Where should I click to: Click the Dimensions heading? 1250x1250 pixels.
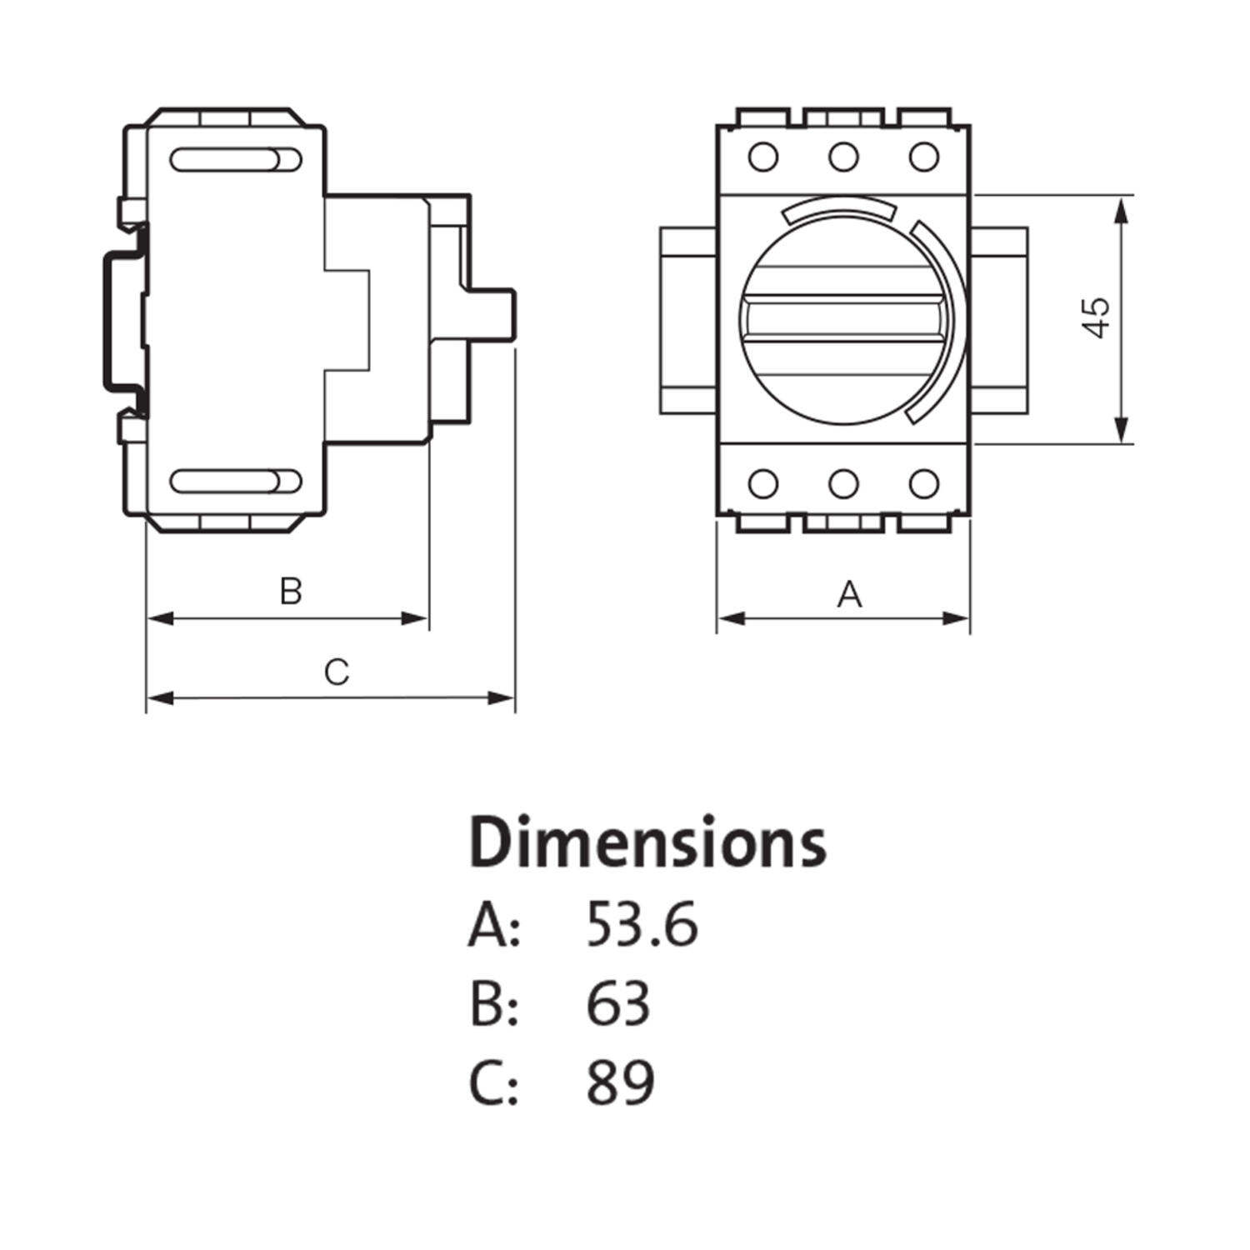pyautogui.click(x=647, y=842)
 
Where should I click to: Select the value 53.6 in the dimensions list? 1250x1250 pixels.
pyautogui.click(x=642, y=925)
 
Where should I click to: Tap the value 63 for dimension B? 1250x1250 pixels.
pyautogui.click(x=617, y=1003)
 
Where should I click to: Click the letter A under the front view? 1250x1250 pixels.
pyautogui.click(x=848, y=594)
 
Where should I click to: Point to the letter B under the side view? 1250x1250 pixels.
pyautogui.click(x=290, y=591)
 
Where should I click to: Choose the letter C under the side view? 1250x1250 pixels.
pyautogui.click(x=336, y=672)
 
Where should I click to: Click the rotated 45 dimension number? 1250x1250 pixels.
pyautogui.click(x=1097, y=317)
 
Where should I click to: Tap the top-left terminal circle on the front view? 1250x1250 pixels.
pyautogui.click(x=763, y=157)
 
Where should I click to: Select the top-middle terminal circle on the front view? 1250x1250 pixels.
pyautogui.click(x=843, y=157)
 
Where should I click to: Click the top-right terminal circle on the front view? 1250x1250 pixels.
pyautogui.click(x=923, y=157)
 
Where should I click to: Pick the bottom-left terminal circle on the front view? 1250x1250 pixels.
pyautogui.click(x=763, y=483)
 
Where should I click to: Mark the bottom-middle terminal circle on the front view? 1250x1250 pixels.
pyautogui.click(x=843, y=483)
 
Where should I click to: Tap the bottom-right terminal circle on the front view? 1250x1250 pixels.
pyautogui.click(x=923, y=483)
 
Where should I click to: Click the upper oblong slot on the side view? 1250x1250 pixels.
pyautogui.click(x=236, y=159)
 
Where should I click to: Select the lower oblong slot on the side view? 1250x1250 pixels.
pyautogui.click(x=236, y=481)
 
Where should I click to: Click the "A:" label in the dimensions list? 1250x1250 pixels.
pyautogui.click(x=494, y=926)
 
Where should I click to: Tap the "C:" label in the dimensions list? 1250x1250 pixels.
pyautogui.click(x=494, y=1082)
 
